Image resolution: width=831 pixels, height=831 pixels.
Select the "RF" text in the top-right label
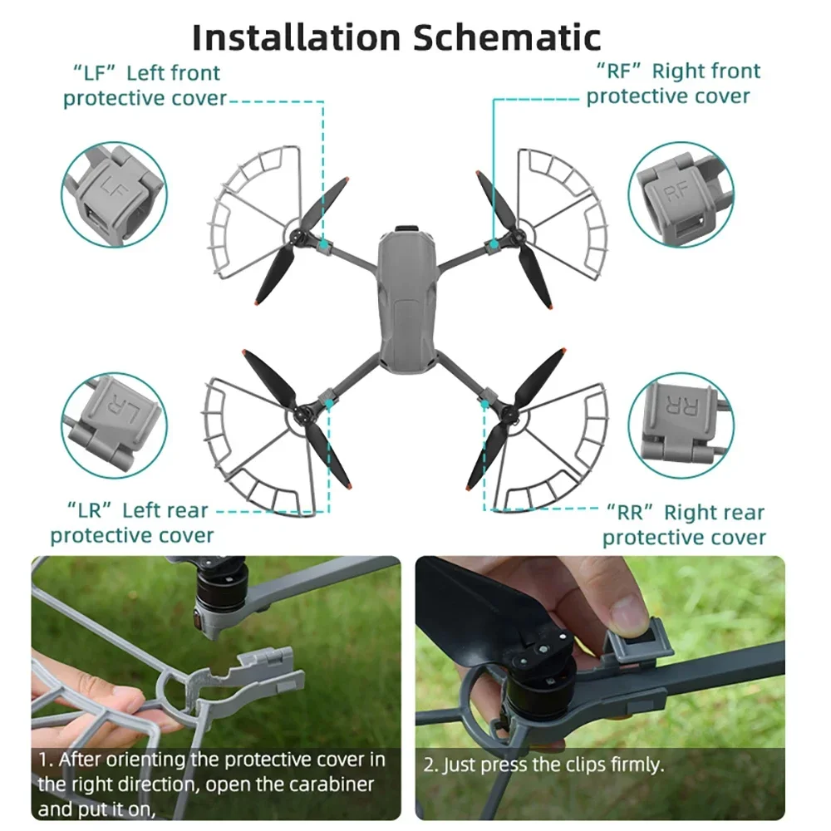[x=619, y=71]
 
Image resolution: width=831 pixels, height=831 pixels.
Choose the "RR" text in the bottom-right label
[x=630, y=512]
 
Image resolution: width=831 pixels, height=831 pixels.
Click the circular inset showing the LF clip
[x=114, y=194]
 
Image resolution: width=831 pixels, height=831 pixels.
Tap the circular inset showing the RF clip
[x=681, y=194]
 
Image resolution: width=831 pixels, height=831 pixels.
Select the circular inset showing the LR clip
[x=114, y=425]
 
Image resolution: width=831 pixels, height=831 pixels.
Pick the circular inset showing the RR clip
[x=681, y=425]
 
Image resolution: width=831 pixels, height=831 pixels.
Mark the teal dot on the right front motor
[x=494, y=244]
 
